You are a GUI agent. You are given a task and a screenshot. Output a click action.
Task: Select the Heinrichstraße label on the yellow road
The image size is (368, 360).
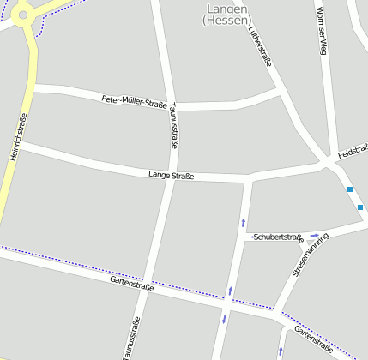(x=15, y=135)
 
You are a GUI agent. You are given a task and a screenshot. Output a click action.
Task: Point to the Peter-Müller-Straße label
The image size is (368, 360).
(x=134, y=101)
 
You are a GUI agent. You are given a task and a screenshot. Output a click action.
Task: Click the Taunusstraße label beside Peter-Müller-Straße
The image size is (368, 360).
(x=174, y=126)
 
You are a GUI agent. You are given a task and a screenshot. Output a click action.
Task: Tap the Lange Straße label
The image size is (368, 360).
(x=171, y=177)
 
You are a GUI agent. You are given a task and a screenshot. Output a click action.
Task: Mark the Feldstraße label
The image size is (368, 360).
(x=353, y=153)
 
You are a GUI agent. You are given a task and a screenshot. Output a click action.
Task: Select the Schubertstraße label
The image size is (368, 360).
(x=279, y=237)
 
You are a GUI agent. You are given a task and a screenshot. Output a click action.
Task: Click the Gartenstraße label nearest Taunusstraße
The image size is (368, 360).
(x=131, y=284)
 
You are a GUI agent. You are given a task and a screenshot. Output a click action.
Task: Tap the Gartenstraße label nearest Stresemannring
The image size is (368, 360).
(x=313, y=339)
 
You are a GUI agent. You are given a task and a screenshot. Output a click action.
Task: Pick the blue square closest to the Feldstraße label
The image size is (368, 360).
(x=350, y=189)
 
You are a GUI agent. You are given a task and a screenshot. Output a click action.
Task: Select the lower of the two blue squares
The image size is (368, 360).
(x=360, y=207)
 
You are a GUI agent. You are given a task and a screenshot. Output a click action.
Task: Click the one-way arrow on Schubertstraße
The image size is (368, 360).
(x=315, y=234)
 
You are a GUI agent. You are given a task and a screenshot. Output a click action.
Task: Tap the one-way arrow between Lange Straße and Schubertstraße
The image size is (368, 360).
(x=242, y=223)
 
